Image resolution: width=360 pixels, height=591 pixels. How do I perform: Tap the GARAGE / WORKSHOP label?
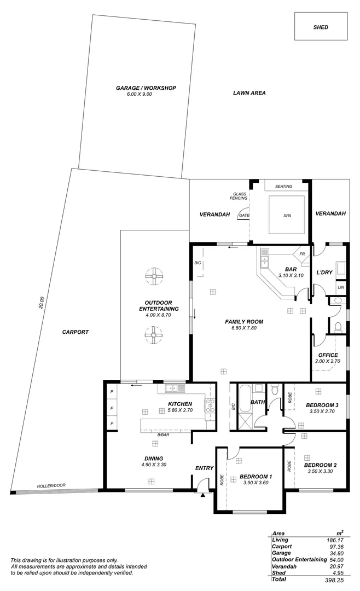pyautogui.click(x=146, y=88)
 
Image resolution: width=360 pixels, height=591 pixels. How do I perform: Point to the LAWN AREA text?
pyautogui.click(x=249, y=93)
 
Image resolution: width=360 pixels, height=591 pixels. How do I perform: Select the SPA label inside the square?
pyautogui.click(x=287, y=216)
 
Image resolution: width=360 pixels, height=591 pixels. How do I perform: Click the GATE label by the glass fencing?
pyautogui.click(x=244, y=216)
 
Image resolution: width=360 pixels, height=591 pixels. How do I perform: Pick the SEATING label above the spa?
pyautogui.click(x=283, y=187)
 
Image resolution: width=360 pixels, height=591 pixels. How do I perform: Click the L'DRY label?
pyautogui.click(x=325, y=272)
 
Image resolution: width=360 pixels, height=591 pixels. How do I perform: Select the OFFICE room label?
pyautogui.click(x=328, y=355)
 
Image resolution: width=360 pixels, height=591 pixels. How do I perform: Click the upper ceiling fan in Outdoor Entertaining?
pyautogui.click(x=154, y=277)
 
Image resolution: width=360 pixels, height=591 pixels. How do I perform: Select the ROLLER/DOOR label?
pyautogui.click(x=51, y=486)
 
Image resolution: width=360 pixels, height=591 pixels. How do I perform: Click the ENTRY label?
pyautogui.click(x=204, y=468)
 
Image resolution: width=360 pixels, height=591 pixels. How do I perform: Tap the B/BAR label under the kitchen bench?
pyautogui.click(x=162, y=434)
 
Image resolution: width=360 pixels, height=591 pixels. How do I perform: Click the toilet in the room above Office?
pyautogui.click(x=338, y=327)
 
